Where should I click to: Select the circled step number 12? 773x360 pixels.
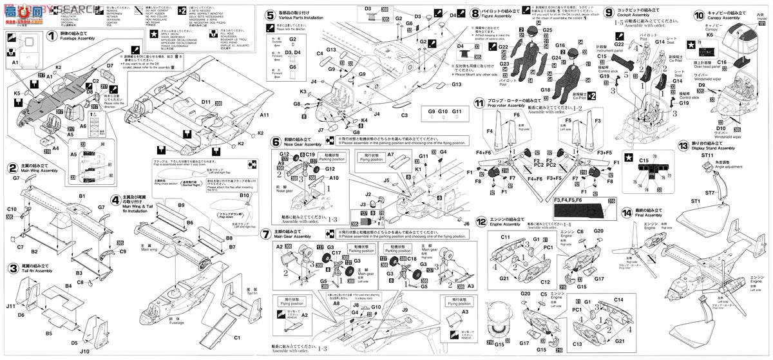480,221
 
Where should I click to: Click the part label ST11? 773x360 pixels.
707,156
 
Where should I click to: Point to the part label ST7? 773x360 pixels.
710,193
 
